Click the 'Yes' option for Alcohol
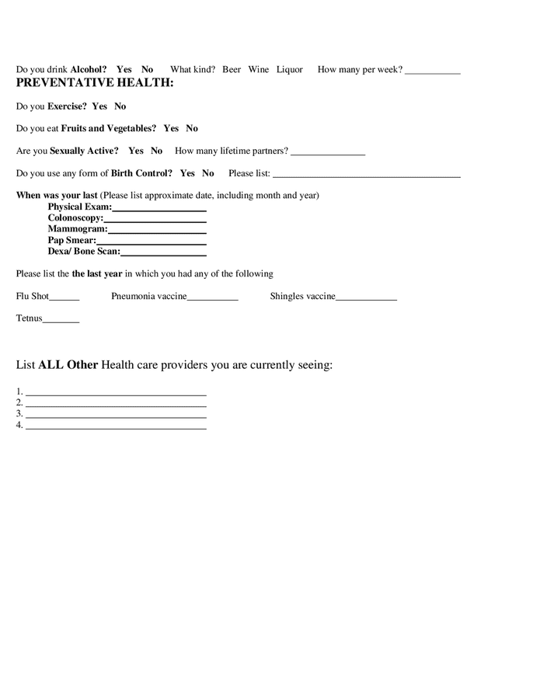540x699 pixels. click(124, 70)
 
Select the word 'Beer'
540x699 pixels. click(232, 70)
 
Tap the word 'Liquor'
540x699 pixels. click(290, 70)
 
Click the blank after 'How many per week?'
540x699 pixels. click(433, 71)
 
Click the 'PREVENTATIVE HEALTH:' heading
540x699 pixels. click(95, 82)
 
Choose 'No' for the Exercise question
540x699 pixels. click(120, 106)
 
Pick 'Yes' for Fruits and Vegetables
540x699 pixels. click(171, 128)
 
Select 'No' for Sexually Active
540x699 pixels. click(156, 151)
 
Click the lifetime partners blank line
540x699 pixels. click(327, 152)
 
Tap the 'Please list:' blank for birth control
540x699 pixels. click(367, 175)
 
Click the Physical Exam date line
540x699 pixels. click(159, 209)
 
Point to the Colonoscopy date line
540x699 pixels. click(155, 220)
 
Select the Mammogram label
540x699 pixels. click(77, 229)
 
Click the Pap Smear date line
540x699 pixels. click(152, 242)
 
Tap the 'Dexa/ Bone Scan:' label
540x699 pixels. click(84, 252)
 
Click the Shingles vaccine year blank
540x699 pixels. click(366, 298)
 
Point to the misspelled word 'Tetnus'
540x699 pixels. click(30, 318)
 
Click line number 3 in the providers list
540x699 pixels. click(116, 416)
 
